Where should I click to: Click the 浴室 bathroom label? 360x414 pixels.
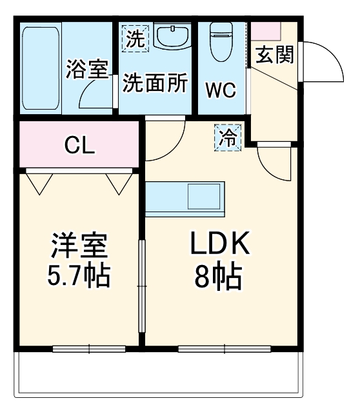[86, 70]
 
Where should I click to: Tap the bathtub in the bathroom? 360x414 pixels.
[40, 68]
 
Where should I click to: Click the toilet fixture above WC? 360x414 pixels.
[221, 39]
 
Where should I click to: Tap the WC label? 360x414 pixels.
[220, 89]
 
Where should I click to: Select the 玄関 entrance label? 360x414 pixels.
[274, 56]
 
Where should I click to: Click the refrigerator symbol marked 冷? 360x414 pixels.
[227, 137]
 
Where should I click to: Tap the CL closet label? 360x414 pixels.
[79, 145]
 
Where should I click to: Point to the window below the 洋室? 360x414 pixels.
[79, 349]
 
